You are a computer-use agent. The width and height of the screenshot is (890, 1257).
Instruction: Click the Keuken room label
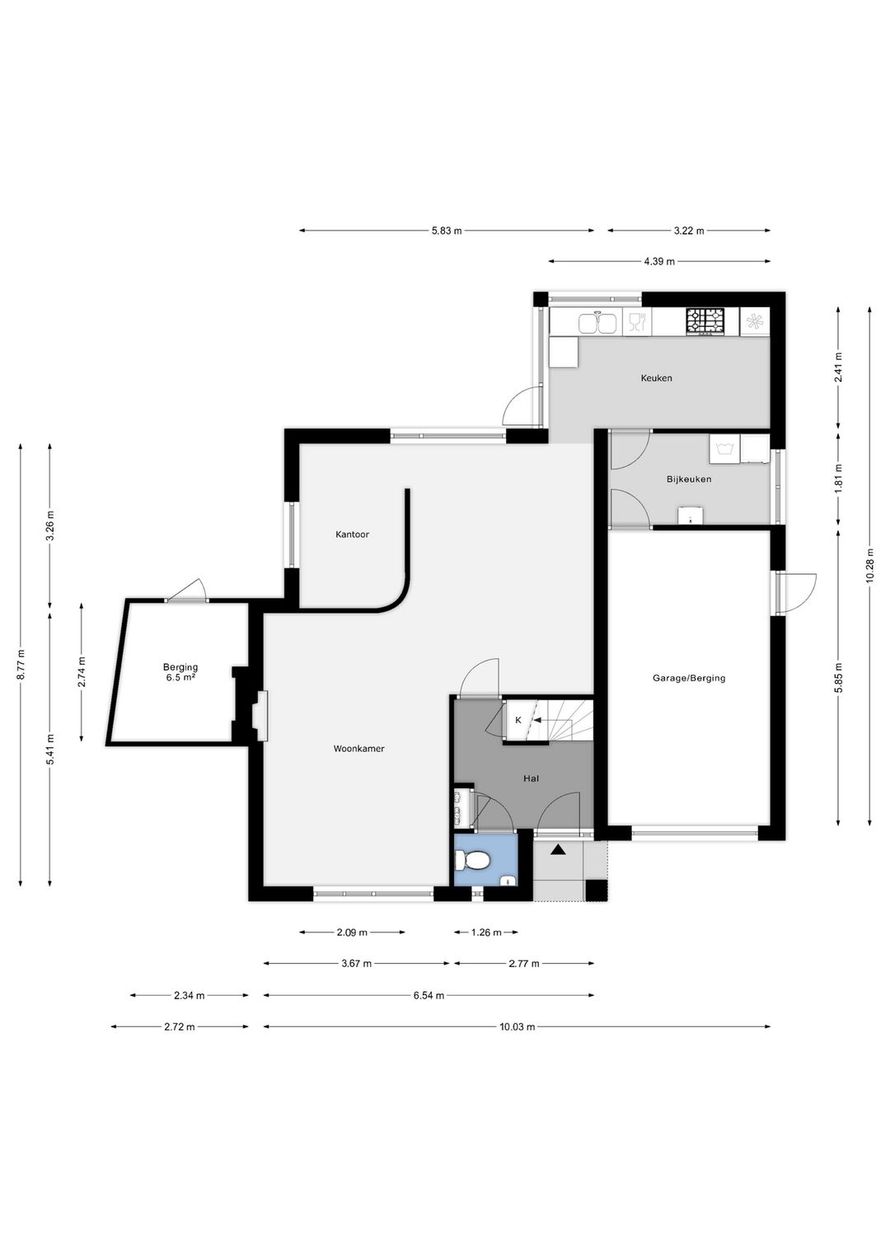click(x=656, y=378)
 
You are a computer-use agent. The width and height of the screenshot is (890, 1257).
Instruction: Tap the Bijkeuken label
click(x=689, y=479)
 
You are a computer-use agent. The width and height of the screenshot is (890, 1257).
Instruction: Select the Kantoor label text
click(x=352, y=535)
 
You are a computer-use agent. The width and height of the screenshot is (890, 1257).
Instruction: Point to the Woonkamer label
click(x=358, y=749)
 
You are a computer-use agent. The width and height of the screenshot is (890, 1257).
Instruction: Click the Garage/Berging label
click(x=688, y=678)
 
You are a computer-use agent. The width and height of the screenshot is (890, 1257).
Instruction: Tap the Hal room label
click(x=531, y=778)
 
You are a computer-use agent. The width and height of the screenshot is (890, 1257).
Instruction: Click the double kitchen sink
click(x=597, y=323)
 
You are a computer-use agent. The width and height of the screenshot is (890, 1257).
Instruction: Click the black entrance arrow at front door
click(x=557, y=850)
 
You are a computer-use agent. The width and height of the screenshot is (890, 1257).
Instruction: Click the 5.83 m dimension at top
click(x=447, y=231)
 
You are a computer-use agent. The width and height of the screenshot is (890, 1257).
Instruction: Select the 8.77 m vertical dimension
click(x=21, y=665)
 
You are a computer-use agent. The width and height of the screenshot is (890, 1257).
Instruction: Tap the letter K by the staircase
click(x=518, y=720)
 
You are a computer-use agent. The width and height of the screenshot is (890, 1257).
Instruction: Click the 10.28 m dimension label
click(x=869, y=565)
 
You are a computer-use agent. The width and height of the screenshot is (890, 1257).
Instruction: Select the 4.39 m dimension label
click(x=659, y=261)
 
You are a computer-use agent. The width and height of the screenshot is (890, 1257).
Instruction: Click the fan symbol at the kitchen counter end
click(x=754, y=321)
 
